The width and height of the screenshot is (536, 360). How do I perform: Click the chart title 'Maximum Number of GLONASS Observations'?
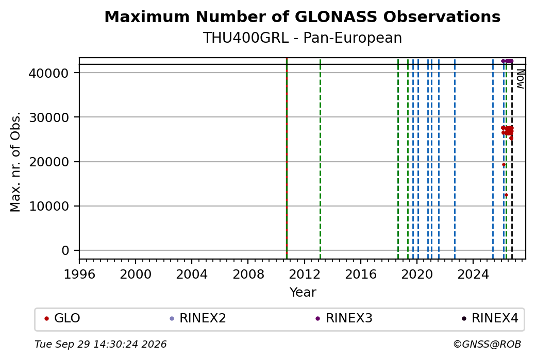pos(302,16)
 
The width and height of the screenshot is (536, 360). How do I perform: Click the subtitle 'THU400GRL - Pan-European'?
pos(302,38)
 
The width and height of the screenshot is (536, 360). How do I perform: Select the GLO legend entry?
pos(62,318)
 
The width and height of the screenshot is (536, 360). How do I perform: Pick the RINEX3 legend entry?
pos(344,318)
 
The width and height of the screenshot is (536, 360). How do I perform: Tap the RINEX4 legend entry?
pos(490,318)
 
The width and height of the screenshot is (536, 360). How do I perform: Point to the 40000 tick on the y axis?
pos(49,73)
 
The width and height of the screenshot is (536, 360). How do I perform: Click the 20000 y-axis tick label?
pos(49,162)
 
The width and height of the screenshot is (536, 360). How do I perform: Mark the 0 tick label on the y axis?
pos(65,251)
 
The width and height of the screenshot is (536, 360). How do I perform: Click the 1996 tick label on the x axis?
pos(79,275)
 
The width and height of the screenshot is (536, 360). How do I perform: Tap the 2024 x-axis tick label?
pos(473,275)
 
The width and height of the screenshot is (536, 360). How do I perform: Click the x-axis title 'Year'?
pos(303,293)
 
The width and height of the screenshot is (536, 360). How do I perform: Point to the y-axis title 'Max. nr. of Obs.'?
pos(15,162)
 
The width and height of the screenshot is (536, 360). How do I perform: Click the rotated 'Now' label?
pos(520,79)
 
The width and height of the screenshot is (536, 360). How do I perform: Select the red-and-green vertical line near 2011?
pos(287,159)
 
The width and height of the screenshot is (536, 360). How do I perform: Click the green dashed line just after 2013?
pos(320,159)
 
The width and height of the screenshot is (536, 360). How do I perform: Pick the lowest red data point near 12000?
pos(506,195)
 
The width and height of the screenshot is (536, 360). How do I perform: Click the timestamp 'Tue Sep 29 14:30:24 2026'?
pos(100,344)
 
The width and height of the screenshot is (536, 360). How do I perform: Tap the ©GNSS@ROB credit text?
pos(487,344)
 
